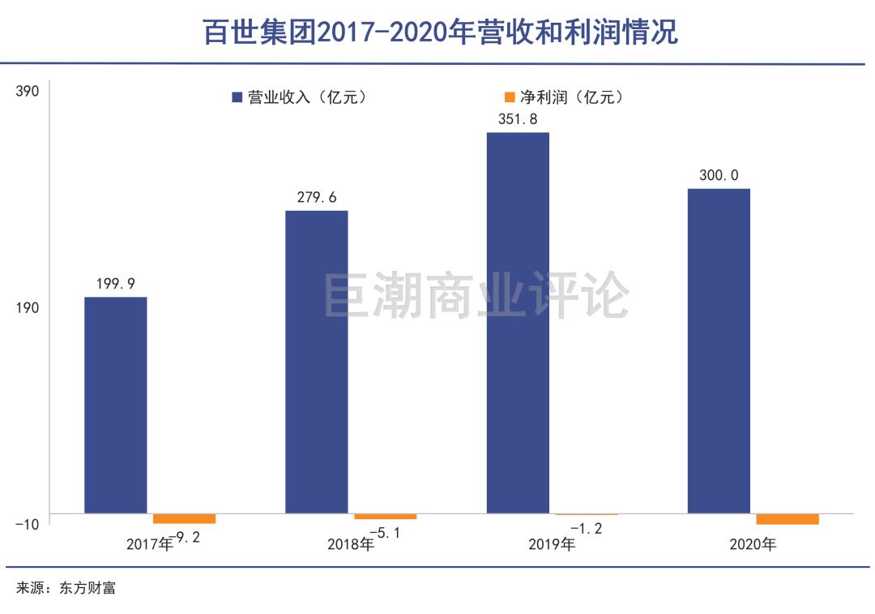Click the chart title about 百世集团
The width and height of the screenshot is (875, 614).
coord(440,32)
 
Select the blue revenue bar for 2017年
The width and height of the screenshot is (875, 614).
coord(116,405)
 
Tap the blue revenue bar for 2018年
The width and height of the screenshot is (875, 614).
coord(317,362)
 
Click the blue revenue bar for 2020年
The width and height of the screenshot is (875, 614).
coord(719,350)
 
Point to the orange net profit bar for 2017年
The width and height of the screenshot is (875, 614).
coord(184,518)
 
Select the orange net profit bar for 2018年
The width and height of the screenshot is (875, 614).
coord(385,516)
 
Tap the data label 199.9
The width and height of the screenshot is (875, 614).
coord(115,283)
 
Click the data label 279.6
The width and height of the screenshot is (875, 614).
coord(316,197)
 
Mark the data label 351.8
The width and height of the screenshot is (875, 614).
coord(517,118)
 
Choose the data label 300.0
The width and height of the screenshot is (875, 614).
coord(719,175)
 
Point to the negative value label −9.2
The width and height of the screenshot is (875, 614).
coord(184,536)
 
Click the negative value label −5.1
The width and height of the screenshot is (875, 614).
coord(385,533)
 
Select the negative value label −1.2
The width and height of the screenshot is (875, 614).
coord(586,529)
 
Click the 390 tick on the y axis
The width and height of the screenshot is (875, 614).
coord(28,91)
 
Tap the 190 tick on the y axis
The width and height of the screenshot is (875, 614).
coord(28,307)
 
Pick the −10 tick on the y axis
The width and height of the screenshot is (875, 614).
coord(27,524)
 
